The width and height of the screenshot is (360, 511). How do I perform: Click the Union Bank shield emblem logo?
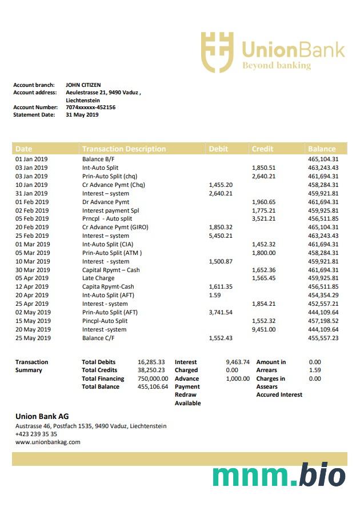[x=217, y=52]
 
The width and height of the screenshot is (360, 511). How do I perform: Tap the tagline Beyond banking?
[x=277, y=66]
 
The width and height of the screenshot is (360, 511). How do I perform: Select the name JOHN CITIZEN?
[x=83, y=85]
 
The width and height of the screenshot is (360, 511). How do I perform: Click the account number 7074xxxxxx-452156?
[x=90, y=107]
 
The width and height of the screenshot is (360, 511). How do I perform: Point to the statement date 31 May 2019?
[x=82, y=115]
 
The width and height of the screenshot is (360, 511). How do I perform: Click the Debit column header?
[x=218, y=149]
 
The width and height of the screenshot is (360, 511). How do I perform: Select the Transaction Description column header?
[x=124, y=149]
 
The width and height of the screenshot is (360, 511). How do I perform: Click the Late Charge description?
[x=98, y=278]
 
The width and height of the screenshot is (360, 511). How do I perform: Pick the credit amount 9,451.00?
[x=263, y=329]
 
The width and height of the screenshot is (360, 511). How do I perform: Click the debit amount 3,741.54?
[x=221, y=313]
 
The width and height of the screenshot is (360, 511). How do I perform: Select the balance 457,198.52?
[x=323, y=321]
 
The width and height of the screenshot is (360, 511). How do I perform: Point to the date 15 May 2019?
[x=33, y=321]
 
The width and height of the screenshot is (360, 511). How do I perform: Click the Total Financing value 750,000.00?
[x=153, y=378]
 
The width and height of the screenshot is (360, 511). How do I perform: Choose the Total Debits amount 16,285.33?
[x=151, y=362]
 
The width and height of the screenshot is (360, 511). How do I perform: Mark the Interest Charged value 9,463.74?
[x=238, y=362]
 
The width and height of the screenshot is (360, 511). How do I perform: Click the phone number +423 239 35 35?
[x=36, y=434]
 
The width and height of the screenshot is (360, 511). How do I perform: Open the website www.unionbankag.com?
[x=47, y=442]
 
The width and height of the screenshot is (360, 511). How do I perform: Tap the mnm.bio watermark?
[x=279, y=476]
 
